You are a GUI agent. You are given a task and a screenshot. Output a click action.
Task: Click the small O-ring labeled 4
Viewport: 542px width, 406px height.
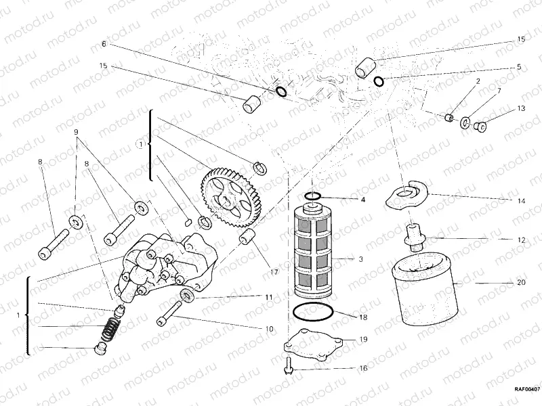click(x=313, y=197)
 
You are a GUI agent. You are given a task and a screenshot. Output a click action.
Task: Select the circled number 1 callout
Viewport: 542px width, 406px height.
click(x=141, y=143)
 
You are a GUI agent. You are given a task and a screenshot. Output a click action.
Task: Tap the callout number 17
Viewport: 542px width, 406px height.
click(x=274, y=272)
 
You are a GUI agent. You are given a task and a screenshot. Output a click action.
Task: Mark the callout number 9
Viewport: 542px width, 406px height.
click(x=76, y=131)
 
